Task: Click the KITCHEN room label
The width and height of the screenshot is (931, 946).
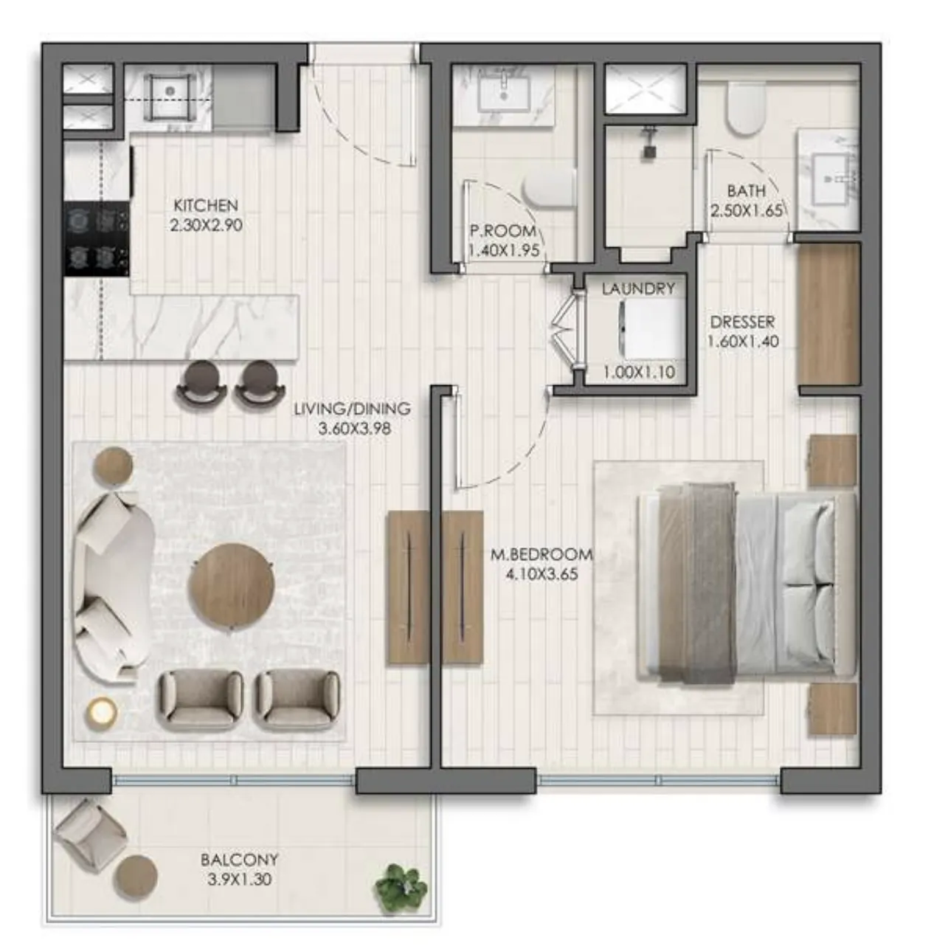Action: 207,205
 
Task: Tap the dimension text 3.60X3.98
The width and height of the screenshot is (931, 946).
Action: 355,429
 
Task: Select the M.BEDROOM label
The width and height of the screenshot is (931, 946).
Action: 541,554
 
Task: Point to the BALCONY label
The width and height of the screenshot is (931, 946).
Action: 239,860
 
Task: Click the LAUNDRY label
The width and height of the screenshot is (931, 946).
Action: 638,289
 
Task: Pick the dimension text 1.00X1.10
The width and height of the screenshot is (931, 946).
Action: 638,372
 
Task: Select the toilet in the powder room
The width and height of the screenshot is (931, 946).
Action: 549,189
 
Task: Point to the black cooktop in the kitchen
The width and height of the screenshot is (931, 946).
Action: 97,238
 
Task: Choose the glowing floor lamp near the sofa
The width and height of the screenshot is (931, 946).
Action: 103,711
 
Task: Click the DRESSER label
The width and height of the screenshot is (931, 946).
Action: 742,322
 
